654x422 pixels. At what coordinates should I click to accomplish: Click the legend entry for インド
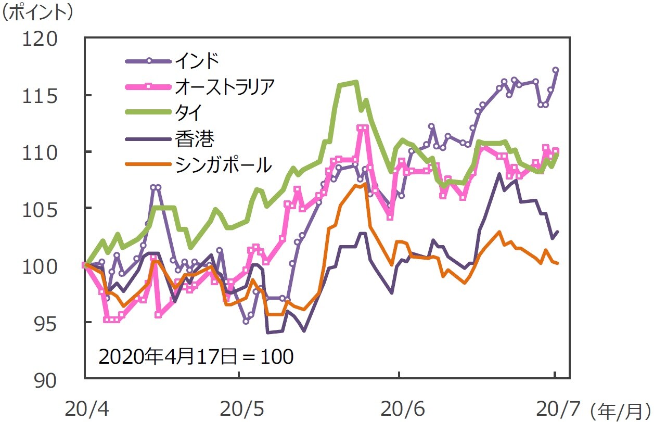click(x=197, y=61)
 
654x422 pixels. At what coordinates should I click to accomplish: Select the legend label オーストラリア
click(x=224, y=87)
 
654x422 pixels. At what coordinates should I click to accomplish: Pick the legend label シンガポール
click(x=224, y=164)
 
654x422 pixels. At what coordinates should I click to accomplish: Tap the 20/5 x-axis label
click(x=239, y=410)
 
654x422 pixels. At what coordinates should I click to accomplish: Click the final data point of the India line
click(x=556, y=70)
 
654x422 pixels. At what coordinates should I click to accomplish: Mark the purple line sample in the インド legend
click(x=149, y=61)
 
